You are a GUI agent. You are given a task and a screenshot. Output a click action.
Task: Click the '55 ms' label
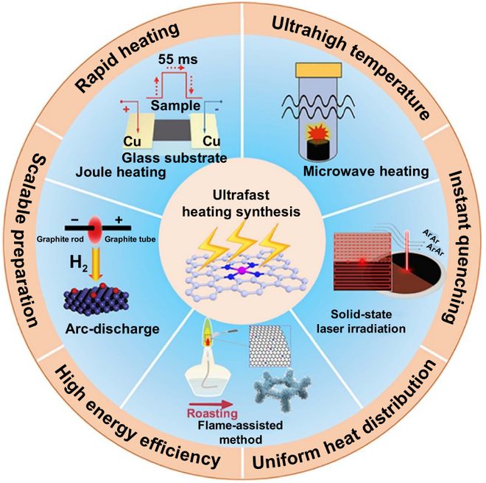coord(177,60)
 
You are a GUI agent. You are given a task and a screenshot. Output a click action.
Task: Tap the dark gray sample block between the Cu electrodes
coord(172,130)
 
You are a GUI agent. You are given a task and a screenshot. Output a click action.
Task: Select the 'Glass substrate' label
coord(175,158)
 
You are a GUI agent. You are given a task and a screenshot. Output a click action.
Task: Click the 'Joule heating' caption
coord(121,172)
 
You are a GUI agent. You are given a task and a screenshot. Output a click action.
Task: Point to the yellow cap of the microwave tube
coord(319,69)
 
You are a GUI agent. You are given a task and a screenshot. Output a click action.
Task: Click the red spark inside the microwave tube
coord(318,132)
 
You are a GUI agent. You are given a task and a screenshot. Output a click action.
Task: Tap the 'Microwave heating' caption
coord(366,172)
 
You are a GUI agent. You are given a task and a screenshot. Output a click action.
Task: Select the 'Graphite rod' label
coord(60,239)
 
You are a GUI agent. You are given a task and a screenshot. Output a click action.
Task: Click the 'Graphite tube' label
coord(130,239)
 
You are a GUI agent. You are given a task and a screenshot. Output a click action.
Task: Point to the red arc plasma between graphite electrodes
coord(95,230)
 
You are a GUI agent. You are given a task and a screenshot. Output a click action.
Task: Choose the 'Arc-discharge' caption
coord(112,329)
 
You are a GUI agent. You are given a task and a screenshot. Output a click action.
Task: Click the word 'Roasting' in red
coord(213,413)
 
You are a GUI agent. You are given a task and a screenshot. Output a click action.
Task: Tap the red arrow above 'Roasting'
coord(211,404)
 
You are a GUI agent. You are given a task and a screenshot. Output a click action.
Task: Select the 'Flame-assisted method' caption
coord(240,432)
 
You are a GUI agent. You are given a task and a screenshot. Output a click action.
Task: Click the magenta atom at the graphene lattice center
coord(242,271)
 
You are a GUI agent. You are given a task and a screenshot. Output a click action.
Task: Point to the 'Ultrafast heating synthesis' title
coord(241,203)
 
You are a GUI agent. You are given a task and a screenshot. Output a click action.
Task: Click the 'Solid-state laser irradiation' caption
coord(362,321)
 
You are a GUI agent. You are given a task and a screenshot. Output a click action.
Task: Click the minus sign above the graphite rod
coord(74,220)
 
